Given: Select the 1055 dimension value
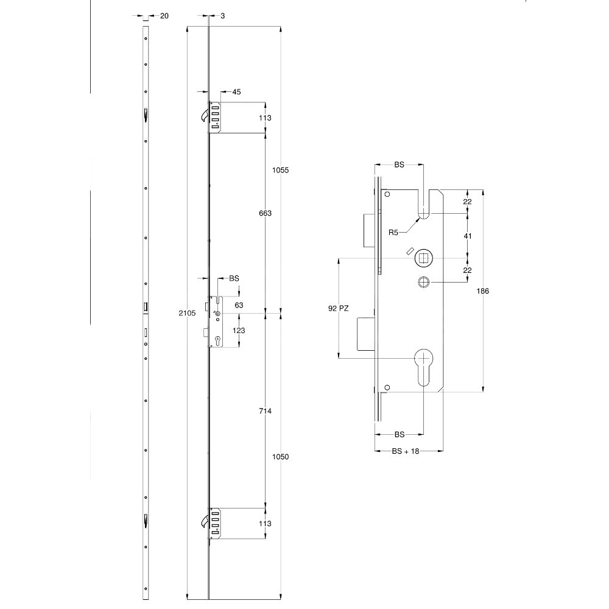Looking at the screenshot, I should point(280,171).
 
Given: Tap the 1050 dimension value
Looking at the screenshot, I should point(280,457).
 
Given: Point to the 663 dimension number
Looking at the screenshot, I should point(264,213).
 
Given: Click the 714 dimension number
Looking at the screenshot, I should point(264,412).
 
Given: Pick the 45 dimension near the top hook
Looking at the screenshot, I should point(236,92).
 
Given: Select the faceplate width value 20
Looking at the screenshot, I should point(164,16).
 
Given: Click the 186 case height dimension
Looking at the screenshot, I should point(482,291).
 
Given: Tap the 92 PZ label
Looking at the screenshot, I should point(338,309).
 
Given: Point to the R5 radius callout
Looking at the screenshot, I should point(394,232).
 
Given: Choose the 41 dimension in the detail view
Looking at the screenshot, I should point(468,235).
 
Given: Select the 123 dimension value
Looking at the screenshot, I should point(239,330).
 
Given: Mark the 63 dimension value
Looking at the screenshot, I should point(239,304).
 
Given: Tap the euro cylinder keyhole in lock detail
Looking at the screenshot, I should point(423,365).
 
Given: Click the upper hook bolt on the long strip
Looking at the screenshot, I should point(205,114).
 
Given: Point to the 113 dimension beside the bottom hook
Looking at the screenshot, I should point(264,524).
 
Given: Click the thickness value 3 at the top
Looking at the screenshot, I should point(223,16).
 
